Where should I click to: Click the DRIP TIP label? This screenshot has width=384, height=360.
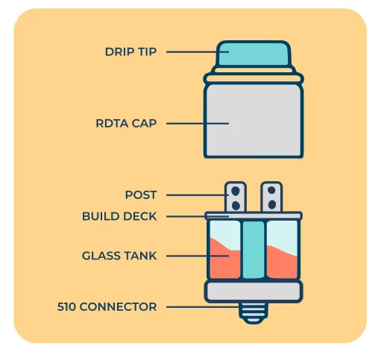tap(130, 51)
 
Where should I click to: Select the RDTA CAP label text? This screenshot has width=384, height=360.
tap(126, 123)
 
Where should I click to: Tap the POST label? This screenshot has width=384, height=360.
tap(141, 195)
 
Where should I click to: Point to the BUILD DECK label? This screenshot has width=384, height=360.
tap(119, 216)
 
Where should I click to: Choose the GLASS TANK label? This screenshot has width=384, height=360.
tap(119, 256)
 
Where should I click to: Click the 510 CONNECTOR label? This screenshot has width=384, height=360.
tap(107, 306)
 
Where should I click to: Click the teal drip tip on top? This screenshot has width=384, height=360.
tap(254, 54)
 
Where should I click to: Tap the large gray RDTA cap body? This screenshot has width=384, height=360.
tap(254, 121)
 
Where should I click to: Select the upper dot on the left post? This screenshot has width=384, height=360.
tap(236, 191)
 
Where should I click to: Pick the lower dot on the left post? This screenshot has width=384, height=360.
tap(236, 206)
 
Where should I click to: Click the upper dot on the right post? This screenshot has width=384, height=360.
tap(271, 190)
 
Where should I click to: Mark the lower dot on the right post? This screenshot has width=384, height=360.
tap(272, 205)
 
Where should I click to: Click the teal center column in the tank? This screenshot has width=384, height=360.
tap(254, 250)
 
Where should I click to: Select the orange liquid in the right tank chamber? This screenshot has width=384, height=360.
tap(282, 265)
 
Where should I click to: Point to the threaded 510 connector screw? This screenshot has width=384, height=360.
tap(254, 313)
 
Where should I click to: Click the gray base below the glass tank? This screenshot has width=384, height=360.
tap(254, 291)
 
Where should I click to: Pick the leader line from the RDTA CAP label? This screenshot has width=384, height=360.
tap(198, 123)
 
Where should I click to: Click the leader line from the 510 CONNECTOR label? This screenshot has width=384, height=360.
tap(203, 307)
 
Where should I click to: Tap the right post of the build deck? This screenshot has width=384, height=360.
tap(271, 197)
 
